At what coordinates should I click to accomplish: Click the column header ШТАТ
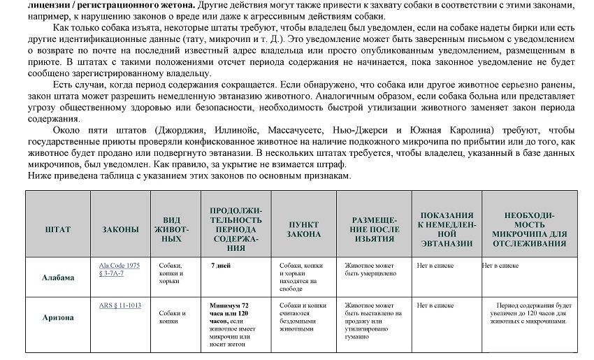tap(57, 229)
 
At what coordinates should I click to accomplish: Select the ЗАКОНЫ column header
tap(120, 229)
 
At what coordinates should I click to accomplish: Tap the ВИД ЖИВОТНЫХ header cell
tap(167, 229)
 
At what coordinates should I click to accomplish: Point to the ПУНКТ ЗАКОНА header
tap(303, 229)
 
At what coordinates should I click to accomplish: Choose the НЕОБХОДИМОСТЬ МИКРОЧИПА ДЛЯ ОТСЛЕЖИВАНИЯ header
tap(528, 229)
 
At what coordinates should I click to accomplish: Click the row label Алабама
tap(58, 277)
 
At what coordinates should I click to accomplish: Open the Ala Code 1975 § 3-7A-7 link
tap(119, 269)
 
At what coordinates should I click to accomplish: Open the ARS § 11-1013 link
tap(120, 305)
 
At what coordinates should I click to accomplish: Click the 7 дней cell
tap(221, 266)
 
